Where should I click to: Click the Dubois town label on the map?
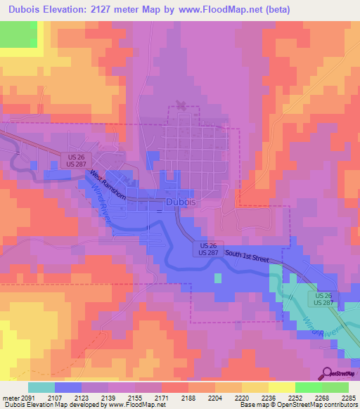point(181,202)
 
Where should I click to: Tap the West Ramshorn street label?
point(108,185)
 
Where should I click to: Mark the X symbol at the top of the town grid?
point(182,106)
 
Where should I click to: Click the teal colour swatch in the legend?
point(41,387)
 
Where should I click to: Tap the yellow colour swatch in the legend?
point(281,387)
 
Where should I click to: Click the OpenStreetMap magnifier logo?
point(326,373)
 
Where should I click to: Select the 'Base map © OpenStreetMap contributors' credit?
point(298,404)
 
